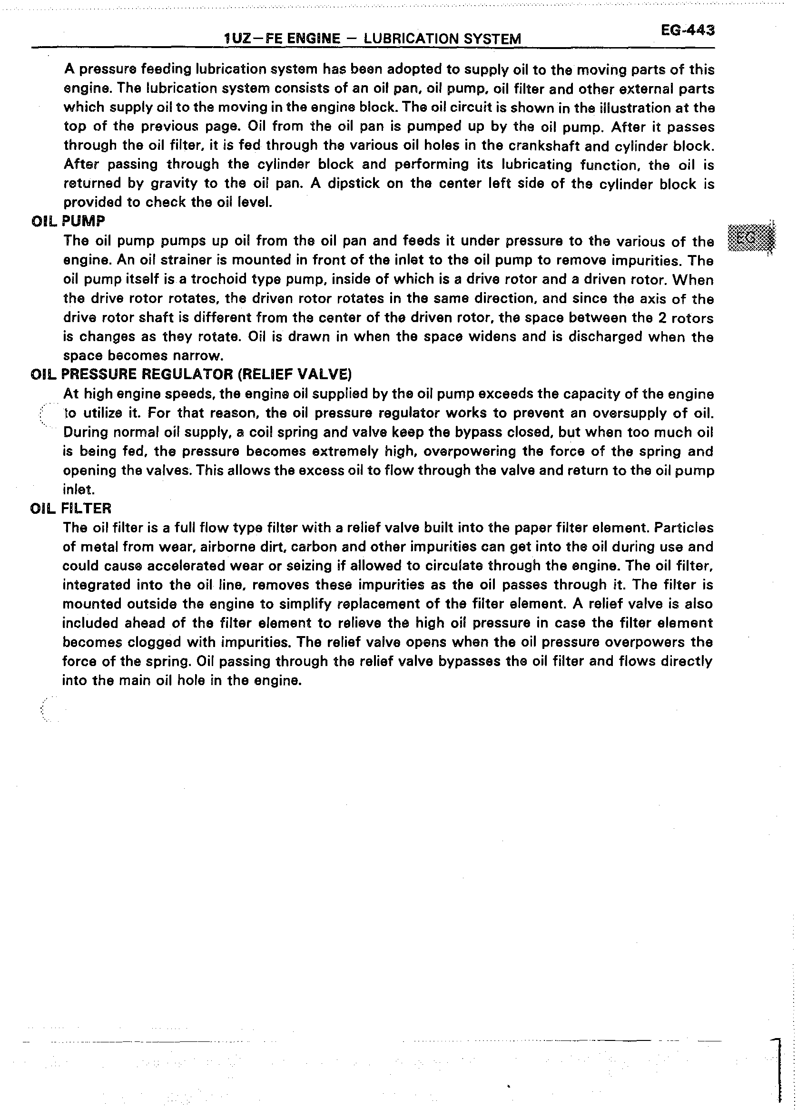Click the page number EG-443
tap(688, 30)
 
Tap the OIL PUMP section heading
tap(68, 221)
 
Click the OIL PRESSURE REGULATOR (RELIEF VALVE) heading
tap(191, 374)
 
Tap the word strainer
tap(177, 260)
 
